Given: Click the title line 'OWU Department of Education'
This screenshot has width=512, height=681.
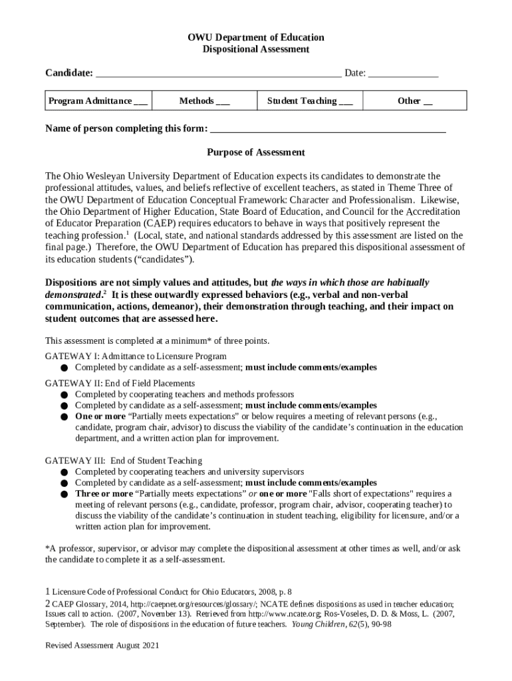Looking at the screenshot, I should pos(255,37).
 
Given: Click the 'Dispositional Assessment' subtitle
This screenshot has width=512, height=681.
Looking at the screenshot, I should pos(255,49).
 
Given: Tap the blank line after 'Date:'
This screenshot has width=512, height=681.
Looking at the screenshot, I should pos(403,73).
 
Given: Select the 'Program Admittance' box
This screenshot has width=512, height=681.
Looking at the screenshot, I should pos(98,101).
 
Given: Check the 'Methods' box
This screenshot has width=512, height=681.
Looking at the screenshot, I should pos(204,101).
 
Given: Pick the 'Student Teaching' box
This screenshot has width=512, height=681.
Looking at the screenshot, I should pos(310,101).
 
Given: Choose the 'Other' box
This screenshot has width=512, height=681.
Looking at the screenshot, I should pos(415,101).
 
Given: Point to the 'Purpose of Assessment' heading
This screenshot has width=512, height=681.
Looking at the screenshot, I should pos(255,152).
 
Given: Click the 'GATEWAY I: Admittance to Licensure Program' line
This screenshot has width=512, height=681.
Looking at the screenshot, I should pos(136,356).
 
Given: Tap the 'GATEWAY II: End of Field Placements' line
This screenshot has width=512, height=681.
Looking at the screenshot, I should pos(120,383).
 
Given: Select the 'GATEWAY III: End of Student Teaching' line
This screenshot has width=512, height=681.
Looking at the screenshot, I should pos(124,460).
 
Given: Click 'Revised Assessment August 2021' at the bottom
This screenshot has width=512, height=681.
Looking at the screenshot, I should pos(102,646).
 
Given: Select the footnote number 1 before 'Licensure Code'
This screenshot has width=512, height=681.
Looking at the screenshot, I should pos(47,591).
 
